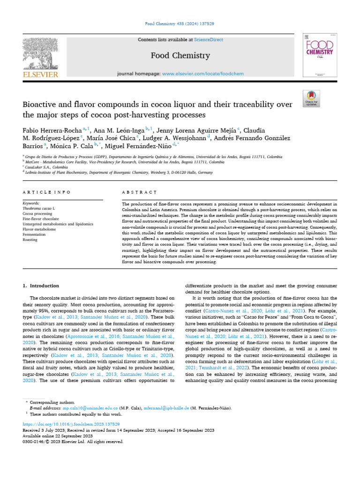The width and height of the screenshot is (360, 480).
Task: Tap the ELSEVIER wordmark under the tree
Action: click(41, 75)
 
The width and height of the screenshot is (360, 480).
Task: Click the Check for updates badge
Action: click(311, 97)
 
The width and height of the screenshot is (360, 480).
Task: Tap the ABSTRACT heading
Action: click(139, 192)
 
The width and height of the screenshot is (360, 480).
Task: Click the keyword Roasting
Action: click(30, 240)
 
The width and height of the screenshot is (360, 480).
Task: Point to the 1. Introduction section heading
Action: click(41, 285)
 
